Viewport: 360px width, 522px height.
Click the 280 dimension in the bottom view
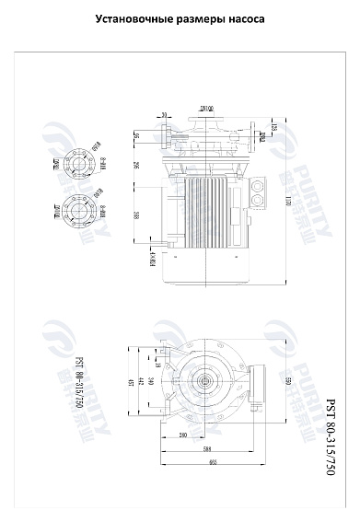coord(183,435)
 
